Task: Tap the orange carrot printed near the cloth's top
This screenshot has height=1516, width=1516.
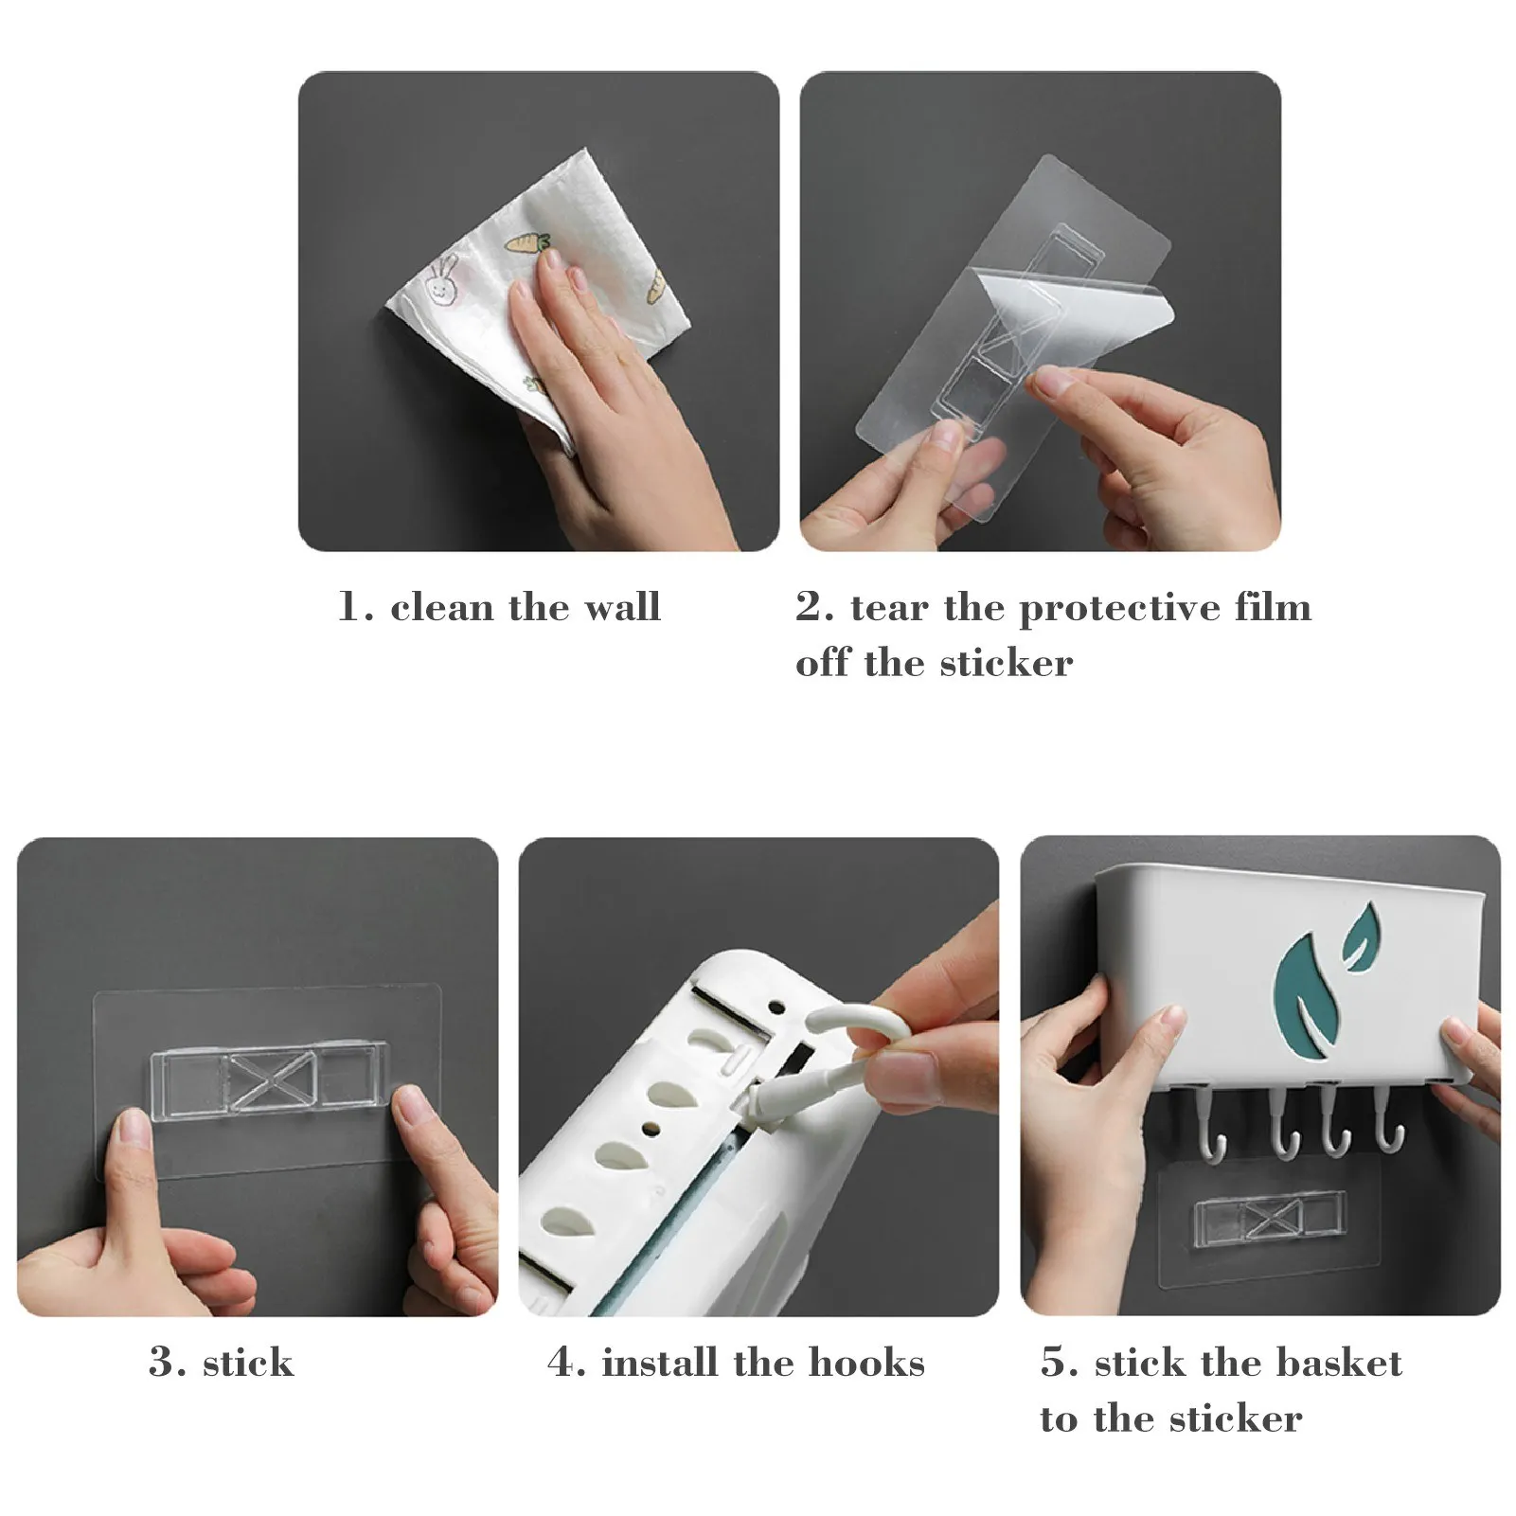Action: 528,243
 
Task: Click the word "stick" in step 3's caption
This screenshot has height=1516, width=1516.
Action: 248,1363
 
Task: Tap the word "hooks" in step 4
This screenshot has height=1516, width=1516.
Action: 866,1363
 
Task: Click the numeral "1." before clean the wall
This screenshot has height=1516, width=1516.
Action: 355,607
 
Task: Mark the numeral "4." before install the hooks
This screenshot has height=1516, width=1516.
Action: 566,1364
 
